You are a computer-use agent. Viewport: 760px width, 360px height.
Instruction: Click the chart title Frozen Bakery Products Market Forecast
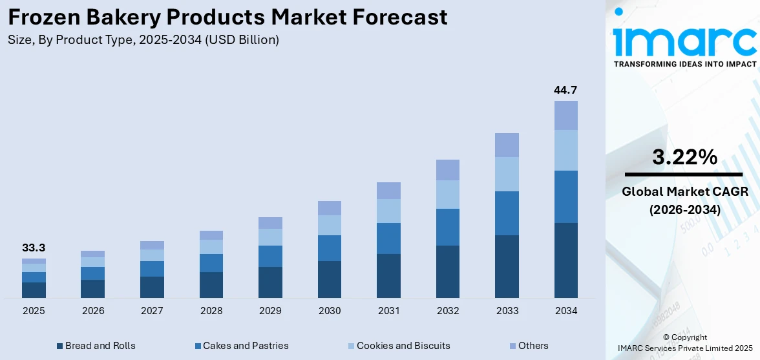(227, 17)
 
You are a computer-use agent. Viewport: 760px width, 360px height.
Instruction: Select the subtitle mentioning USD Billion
(143, 40)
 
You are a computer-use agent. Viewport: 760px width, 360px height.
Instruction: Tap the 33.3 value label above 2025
(34, 248)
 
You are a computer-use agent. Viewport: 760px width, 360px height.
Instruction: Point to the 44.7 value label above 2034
(565, 90)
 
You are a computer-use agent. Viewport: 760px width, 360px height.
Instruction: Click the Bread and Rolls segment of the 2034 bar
(565, 260)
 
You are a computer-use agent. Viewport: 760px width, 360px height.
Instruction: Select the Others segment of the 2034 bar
(565, 115)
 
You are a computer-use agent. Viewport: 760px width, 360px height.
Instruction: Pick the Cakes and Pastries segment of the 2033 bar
(507, 213)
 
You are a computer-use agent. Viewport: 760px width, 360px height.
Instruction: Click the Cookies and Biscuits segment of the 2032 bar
(447, 194)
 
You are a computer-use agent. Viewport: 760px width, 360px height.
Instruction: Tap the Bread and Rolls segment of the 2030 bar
(329, 279)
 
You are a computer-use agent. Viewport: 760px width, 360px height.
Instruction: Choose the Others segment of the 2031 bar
(388, 190)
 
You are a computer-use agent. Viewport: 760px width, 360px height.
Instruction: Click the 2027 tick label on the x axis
(152, 311)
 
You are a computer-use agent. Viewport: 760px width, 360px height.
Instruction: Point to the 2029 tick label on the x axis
(270, 311)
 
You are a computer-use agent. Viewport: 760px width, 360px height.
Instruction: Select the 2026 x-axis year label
(93, 311)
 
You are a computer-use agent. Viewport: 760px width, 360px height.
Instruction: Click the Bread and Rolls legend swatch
(60, 346)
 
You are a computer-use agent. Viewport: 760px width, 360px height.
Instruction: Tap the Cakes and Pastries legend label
(246, 346)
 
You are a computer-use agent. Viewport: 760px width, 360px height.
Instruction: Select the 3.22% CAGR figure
(684, 157)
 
